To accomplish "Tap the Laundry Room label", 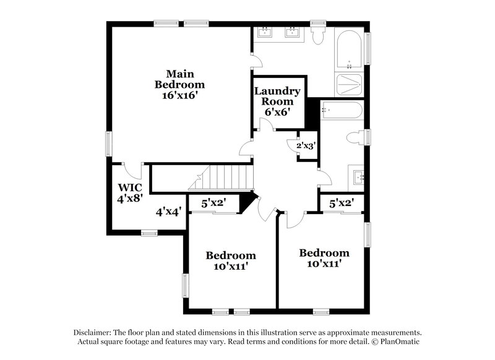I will pos(278,96).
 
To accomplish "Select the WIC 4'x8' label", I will pos(131,193).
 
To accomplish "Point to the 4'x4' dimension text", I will pos(168,212).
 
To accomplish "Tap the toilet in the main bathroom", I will pos(319,36).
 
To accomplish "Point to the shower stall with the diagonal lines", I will pos(350,85).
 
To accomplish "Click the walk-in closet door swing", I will pos(131,171).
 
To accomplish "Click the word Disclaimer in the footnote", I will pos(92,332).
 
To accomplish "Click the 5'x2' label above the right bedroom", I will pos(341,202).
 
